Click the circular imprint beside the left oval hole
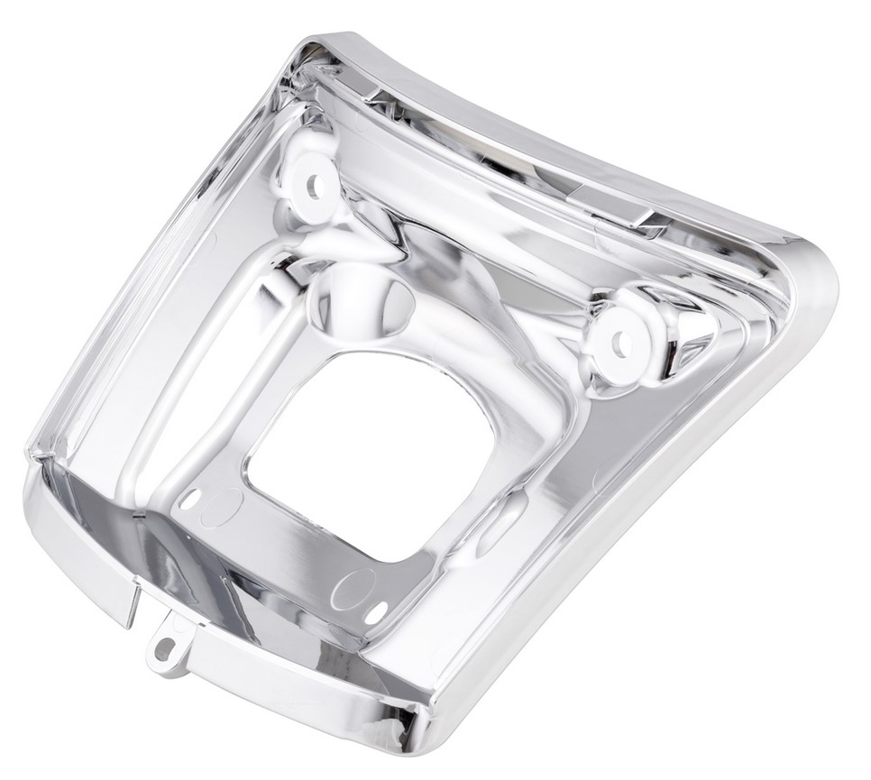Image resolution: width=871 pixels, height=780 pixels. [x=222, y=507]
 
